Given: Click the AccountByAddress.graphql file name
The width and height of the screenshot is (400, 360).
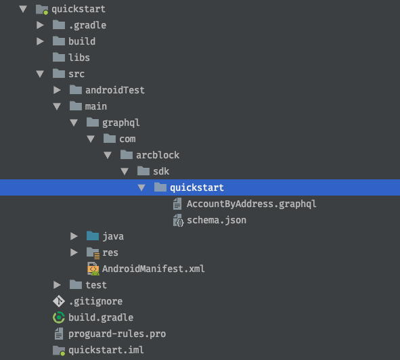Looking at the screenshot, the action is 251,204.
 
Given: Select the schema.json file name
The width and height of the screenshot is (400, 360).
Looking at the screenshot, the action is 217,220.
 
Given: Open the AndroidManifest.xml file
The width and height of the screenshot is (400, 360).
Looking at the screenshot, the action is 154,269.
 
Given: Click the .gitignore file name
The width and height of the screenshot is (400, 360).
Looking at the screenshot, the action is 95,301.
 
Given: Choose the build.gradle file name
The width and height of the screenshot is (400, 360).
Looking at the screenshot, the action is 101,317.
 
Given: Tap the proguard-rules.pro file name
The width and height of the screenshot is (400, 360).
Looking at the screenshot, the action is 117,334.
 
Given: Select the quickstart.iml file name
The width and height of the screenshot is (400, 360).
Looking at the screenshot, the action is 106,350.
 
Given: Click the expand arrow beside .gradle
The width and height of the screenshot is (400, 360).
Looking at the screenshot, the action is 40,25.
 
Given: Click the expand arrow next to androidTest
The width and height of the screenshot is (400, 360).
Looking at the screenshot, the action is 57,90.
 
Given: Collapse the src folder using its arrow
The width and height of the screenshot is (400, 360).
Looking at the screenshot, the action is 40,74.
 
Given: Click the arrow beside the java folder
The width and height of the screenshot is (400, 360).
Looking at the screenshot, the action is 74,236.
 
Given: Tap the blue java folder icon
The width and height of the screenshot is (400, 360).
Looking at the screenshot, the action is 93,236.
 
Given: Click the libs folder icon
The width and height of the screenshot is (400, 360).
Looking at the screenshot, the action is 59,57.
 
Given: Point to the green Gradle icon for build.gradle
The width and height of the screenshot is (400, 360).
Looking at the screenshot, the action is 59,317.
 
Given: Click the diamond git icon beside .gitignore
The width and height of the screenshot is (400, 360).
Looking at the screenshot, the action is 59,301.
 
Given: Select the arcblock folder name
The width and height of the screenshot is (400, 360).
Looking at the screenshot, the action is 158,155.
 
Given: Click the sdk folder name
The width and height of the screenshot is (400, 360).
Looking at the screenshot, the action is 161,171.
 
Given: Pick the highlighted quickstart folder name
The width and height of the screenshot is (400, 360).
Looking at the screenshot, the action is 197,187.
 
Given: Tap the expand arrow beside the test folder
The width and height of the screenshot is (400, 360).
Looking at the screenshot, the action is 57,285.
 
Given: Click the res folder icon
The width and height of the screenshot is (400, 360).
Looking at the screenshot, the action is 93,252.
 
